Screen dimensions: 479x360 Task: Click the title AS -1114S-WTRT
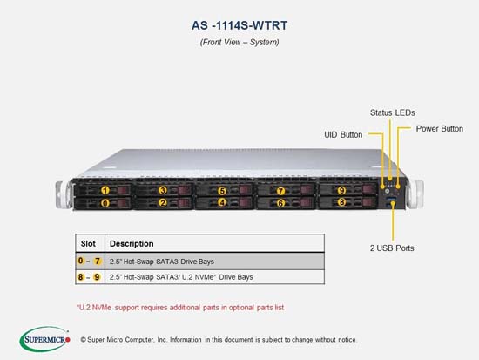coord(239,25)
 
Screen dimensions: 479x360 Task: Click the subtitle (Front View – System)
coord(239,42)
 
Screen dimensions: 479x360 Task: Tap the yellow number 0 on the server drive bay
coord(105,203)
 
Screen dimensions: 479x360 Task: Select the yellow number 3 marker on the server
coord(163,190)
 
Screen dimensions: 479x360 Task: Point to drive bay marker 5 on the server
coord(222,191)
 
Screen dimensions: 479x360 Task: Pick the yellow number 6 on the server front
coord(280,203)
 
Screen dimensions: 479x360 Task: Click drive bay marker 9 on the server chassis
coord(341,191)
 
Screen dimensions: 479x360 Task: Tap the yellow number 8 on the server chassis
coord(342,202)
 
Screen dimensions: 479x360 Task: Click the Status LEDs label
coord(393,112)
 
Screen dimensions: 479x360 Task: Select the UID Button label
coord(343,135)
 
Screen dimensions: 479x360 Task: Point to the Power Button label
coord(440,129)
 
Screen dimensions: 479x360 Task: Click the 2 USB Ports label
coord(392,248)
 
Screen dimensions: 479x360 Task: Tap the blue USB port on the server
coord(392,200)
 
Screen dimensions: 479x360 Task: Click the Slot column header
coord(88,244)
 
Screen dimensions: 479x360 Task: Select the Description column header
coord(132,244)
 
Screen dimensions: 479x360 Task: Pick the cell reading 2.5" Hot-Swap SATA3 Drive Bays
coord(162,262)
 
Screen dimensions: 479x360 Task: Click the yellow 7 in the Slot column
coord(98,261)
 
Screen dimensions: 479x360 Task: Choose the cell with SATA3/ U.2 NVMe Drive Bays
coord(181,277)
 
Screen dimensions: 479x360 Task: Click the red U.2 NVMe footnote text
coord(180,308)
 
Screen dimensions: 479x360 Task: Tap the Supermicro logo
coord(45,339)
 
